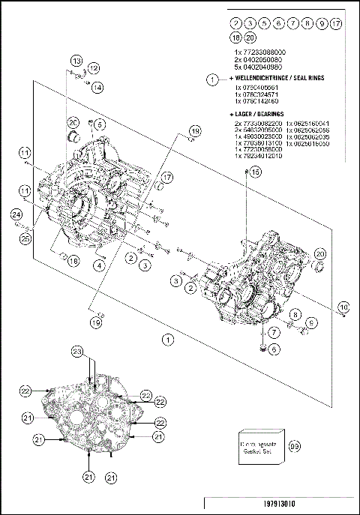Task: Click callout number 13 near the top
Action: coord(76,60)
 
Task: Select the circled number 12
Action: coord(94,68)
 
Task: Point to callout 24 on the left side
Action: coord(16,216)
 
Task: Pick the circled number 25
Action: coord(25,238)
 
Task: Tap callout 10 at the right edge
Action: coord(343,307)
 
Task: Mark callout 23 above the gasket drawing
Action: coord(76,352)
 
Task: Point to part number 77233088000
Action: coord(260,51)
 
